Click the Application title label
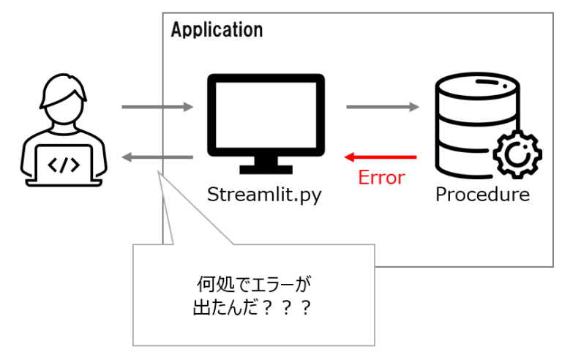tap(217, 30)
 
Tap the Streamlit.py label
tap(264, 195)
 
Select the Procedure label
tap(482, 195)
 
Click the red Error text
tap(381, 178)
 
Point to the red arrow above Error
tap(381, 157)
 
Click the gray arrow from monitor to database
tap(383, 108)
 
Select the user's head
tap(64, 103)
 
